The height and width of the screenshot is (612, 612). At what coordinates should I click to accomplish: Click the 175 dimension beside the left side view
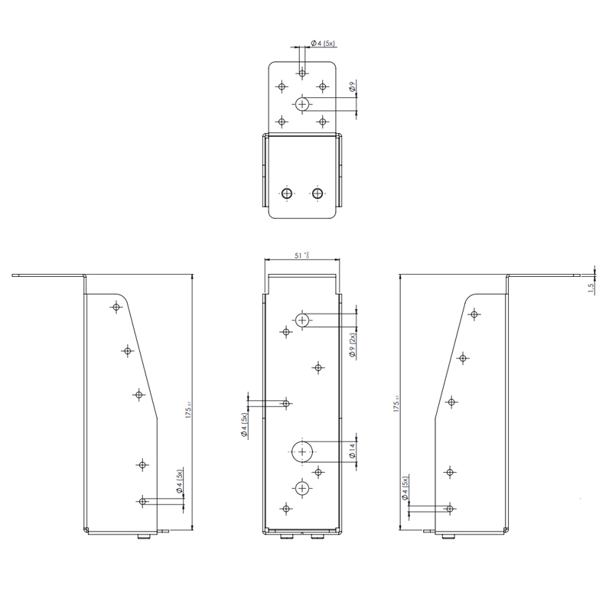(188, 410)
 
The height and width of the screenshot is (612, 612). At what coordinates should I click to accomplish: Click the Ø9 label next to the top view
(352, 88)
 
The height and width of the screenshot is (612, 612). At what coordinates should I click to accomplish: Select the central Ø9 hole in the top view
(303, 103)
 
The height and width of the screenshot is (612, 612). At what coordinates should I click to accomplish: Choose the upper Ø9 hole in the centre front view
(303, 320)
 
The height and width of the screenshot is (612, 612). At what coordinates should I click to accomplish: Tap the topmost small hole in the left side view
(116, 307)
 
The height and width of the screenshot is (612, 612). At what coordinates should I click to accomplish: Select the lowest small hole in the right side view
(450, 509)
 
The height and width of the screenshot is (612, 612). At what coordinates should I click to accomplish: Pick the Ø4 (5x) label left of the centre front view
(243, 423)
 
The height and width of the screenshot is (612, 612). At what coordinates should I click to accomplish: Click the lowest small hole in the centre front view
(286, 508)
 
